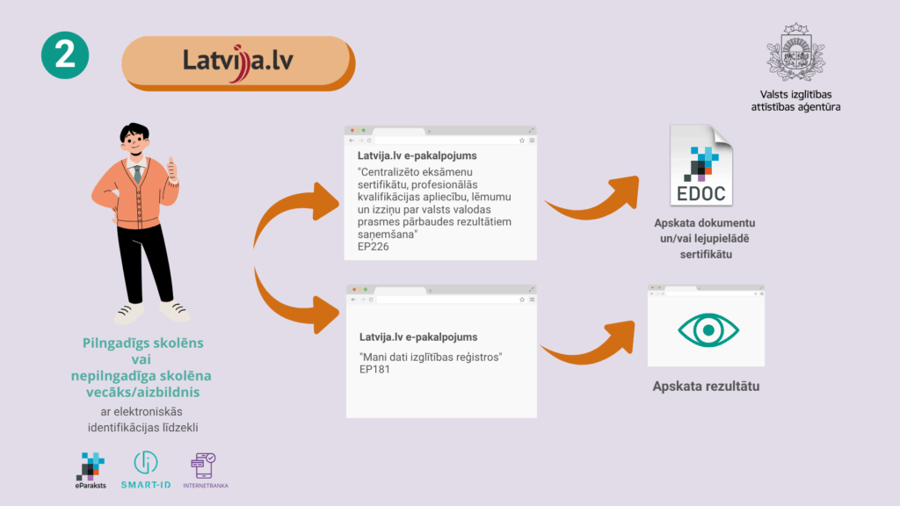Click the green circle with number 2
click(65, 55)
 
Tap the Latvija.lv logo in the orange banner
click(236, 61)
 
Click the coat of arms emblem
click(795, 52)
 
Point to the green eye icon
click(705, 329)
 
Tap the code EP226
click(373, 247)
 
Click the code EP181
click(375, 370)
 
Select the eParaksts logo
click(91, 471)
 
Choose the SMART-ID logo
click(146, 471)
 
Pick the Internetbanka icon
click(203, 471)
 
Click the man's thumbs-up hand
click(172, 170)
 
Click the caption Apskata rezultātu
click(705, 387)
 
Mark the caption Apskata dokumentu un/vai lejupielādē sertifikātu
click(704, 238)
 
